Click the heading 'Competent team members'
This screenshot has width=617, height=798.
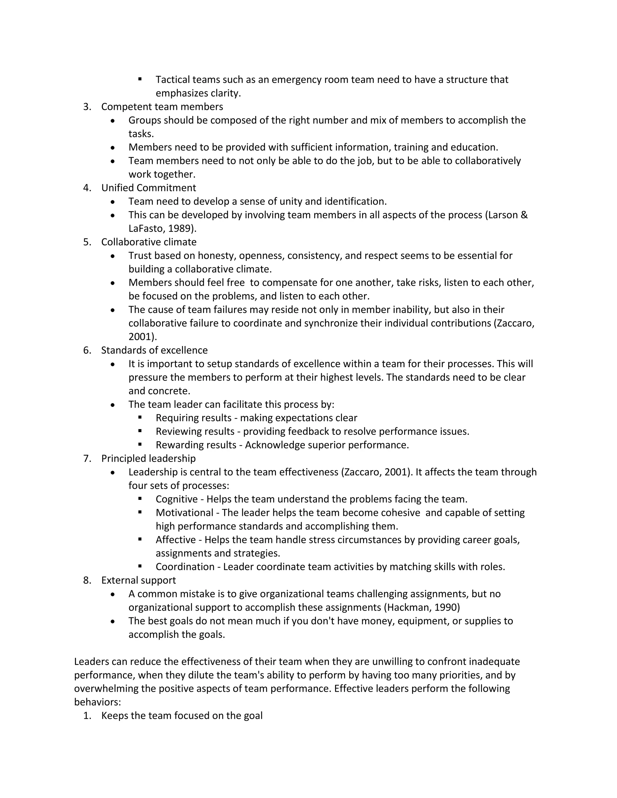(162, 107)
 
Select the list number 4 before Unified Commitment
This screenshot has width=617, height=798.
(87, 188)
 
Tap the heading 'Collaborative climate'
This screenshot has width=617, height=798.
(149, 242)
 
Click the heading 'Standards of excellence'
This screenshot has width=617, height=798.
(154, 350)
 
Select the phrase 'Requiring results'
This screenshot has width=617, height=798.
(193, 418)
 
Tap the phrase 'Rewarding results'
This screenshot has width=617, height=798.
(196, 445)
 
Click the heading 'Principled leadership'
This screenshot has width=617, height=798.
(149, 458)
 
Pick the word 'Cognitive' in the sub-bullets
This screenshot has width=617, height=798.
(177, 499)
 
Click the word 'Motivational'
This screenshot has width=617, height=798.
(184, 513)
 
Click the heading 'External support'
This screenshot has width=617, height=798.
(139, 580)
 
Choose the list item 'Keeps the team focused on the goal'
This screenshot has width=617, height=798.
(182, 715)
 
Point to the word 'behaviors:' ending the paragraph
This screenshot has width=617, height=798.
(97, 702)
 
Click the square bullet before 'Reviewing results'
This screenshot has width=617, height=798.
(140, 431)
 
